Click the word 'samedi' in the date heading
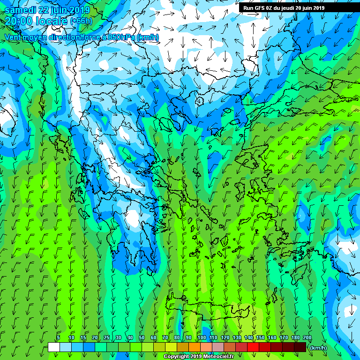[20, 10]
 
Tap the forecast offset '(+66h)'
[81, 21]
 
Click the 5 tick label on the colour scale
[58, 337]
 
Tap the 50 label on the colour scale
[142, 337]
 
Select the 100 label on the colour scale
[202, 337]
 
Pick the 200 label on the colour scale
[307, 337]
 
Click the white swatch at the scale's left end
[53, 347]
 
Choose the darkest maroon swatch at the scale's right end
[300, 347]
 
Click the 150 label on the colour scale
[260, 337]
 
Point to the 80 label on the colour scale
[177, 337]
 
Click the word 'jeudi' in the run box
[296, 8]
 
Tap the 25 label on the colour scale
[106, 337]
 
